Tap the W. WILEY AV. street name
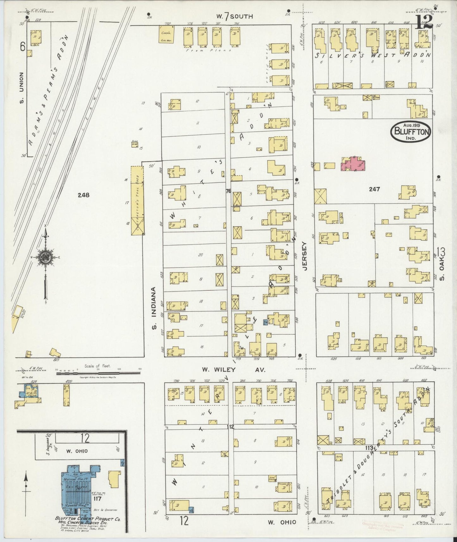click(234, 369)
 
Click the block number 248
click(84, 195)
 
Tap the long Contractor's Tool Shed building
click(137, 201)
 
